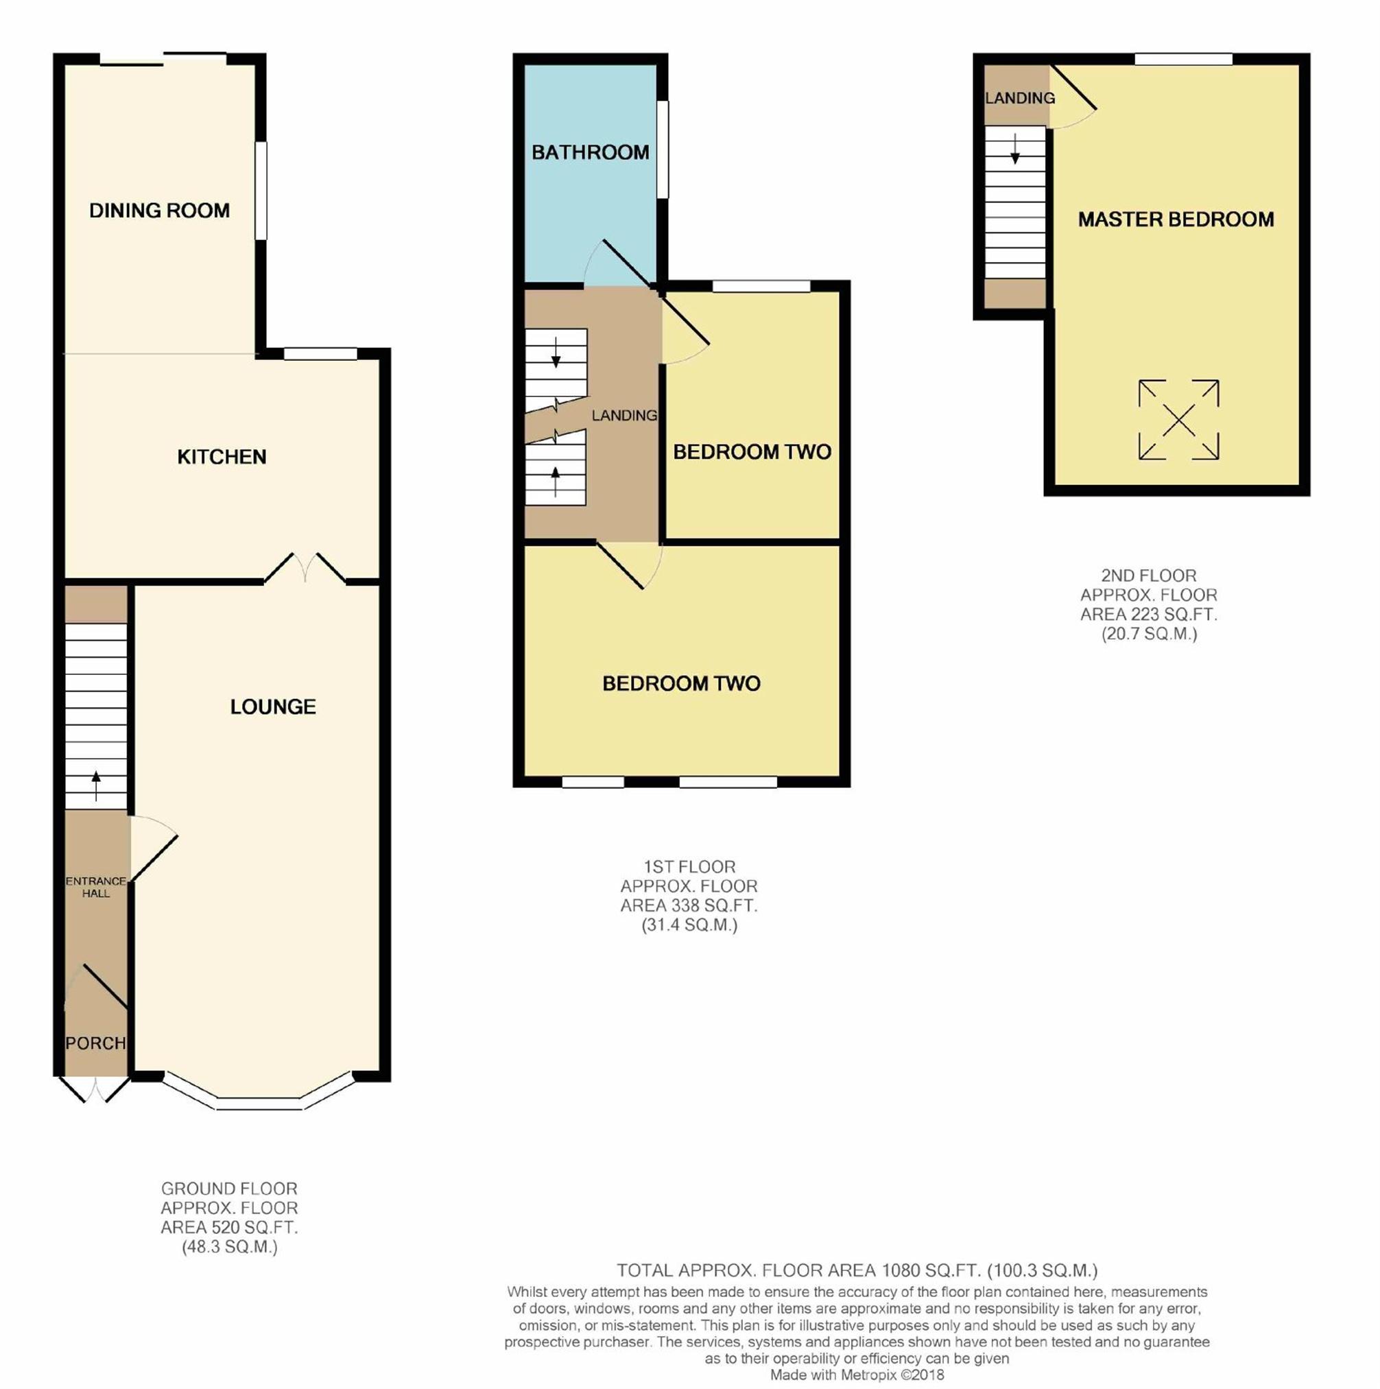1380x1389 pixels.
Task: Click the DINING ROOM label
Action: pos(160,211)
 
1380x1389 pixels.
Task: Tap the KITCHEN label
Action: pos(222,457)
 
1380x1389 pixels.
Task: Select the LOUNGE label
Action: pos(273,707)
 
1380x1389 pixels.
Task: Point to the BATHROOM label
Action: pos(591,152)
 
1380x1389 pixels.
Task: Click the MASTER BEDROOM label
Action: pos(1176,219)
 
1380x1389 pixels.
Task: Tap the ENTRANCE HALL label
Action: pos(96,887)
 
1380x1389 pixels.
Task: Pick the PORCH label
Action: pos(95,1043)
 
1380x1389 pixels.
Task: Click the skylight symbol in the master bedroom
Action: pos(1179,420)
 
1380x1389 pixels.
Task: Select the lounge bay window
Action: pos(258,1093)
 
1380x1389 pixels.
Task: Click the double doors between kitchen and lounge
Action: pos(305,568)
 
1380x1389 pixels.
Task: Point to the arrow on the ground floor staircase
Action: pos(96,786)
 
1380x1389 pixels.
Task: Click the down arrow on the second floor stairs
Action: pos(1015,149)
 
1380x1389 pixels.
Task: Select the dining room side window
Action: pos(261,191)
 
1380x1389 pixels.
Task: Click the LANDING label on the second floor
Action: pos(1020,98)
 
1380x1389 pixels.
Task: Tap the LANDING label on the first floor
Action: pos(625,416)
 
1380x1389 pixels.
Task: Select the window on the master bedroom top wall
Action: pos(1184,59)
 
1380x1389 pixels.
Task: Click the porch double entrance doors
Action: pos(94,1089)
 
